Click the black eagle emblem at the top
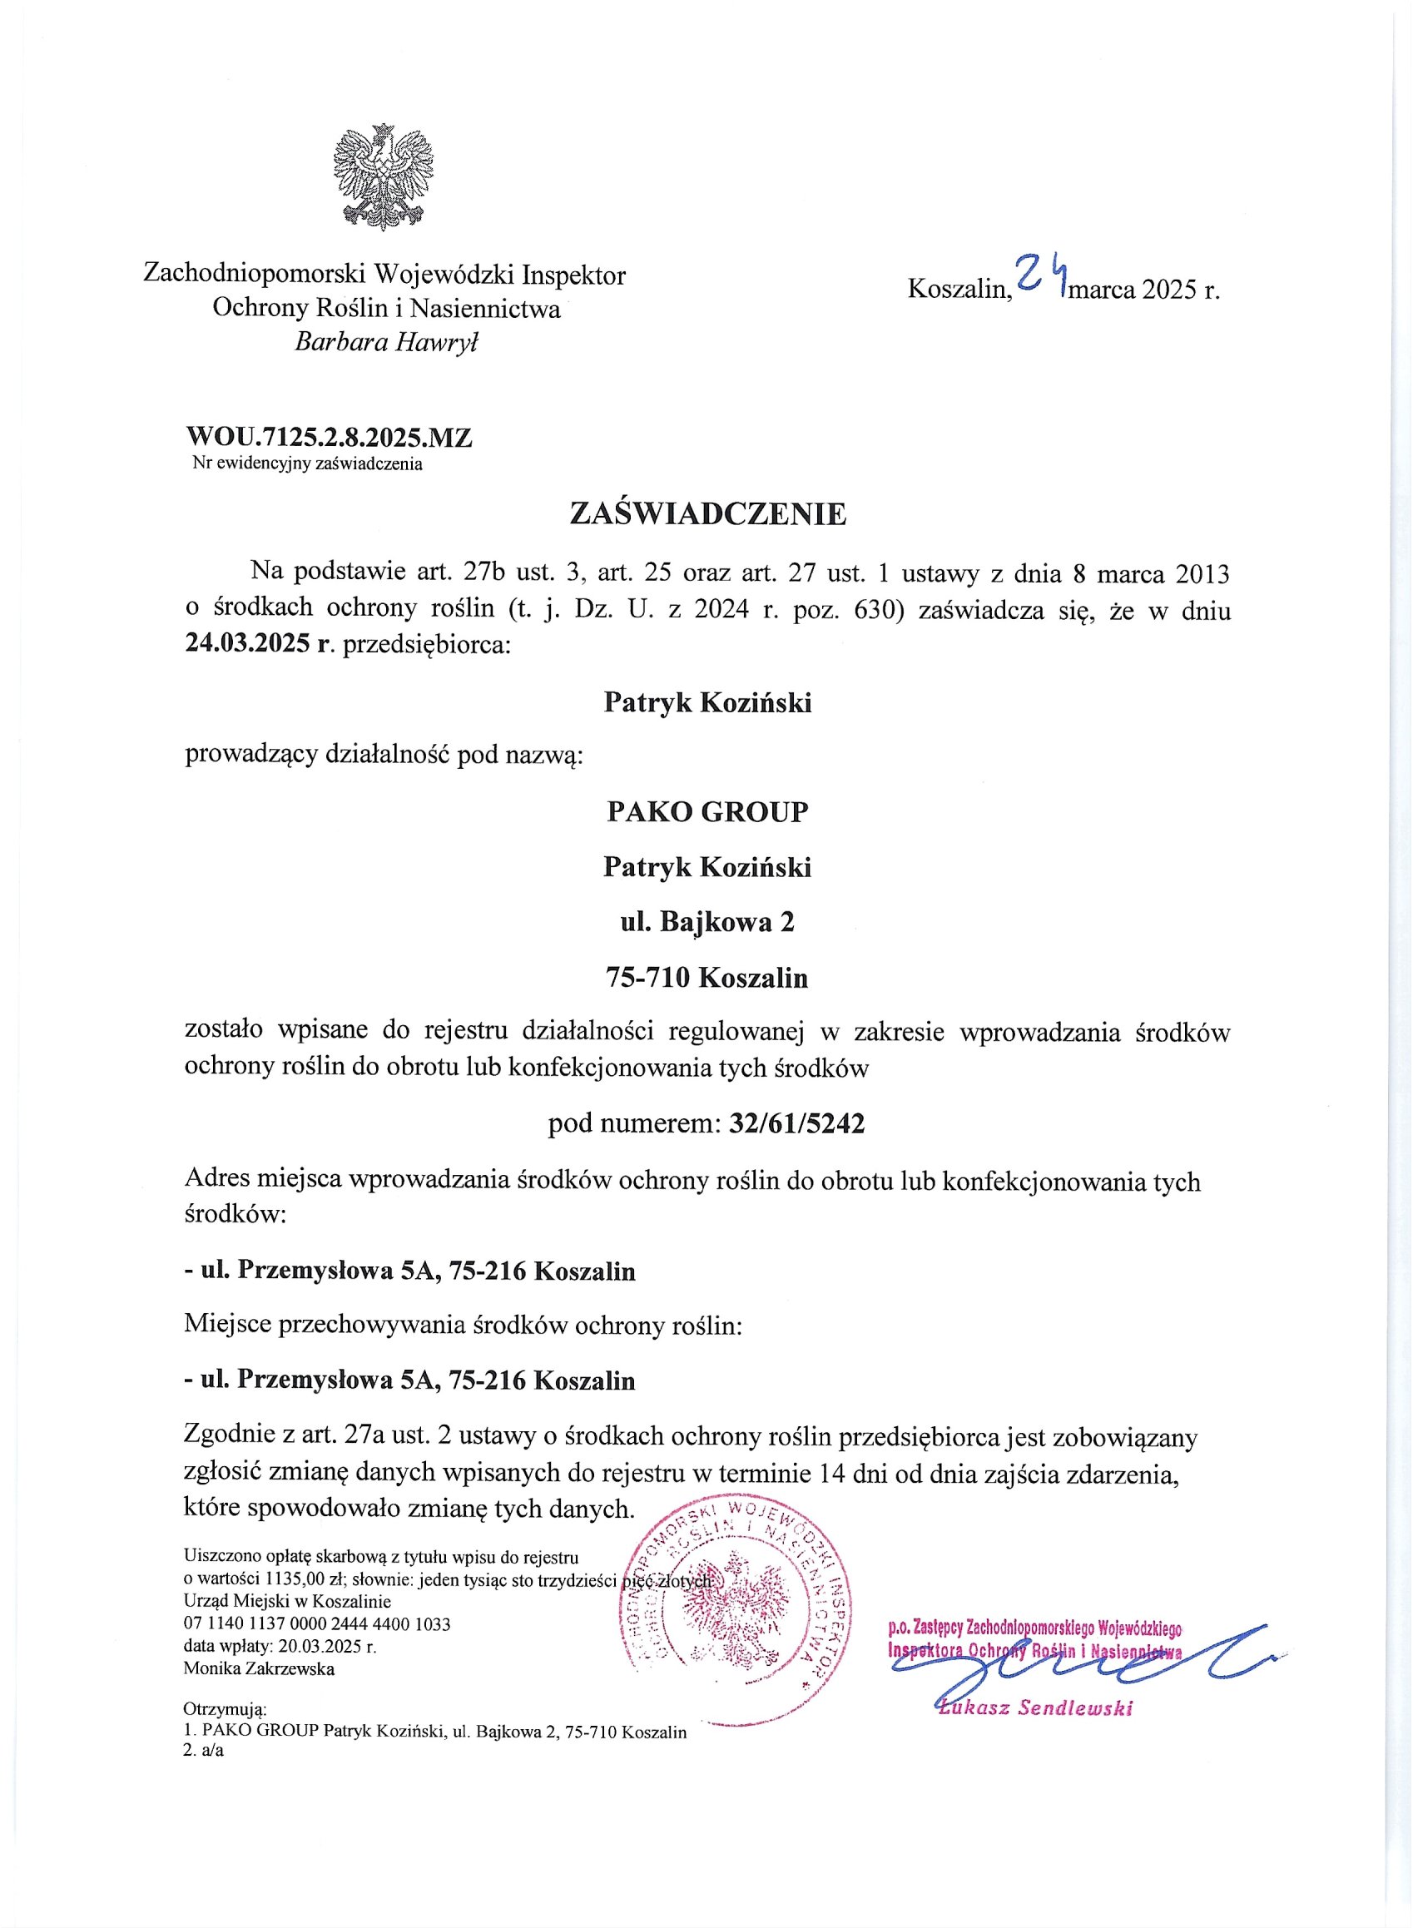tap(383, 177)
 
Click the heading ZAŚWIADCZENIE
tap(707, 514)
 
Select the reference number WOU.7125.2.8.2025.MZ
tap(330, 438)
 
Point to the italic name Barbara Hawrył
tap(387, 342)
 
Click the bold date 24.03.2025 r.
tap(257, 643)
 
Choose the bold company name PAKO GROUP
tap(707, 810)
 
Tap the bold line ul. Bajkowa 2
tap(707, 922)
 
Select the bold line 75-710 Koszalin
tap(707, 978)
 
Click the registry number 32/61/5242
tap(797, 1123)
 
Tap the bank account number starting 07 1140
tap(316, 1623)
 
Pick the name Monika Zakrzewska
tap(259, 1668)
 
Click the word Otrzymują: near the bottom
tap(225, 1710)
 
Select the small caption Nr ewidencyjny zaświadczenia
tap(308, 464)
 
